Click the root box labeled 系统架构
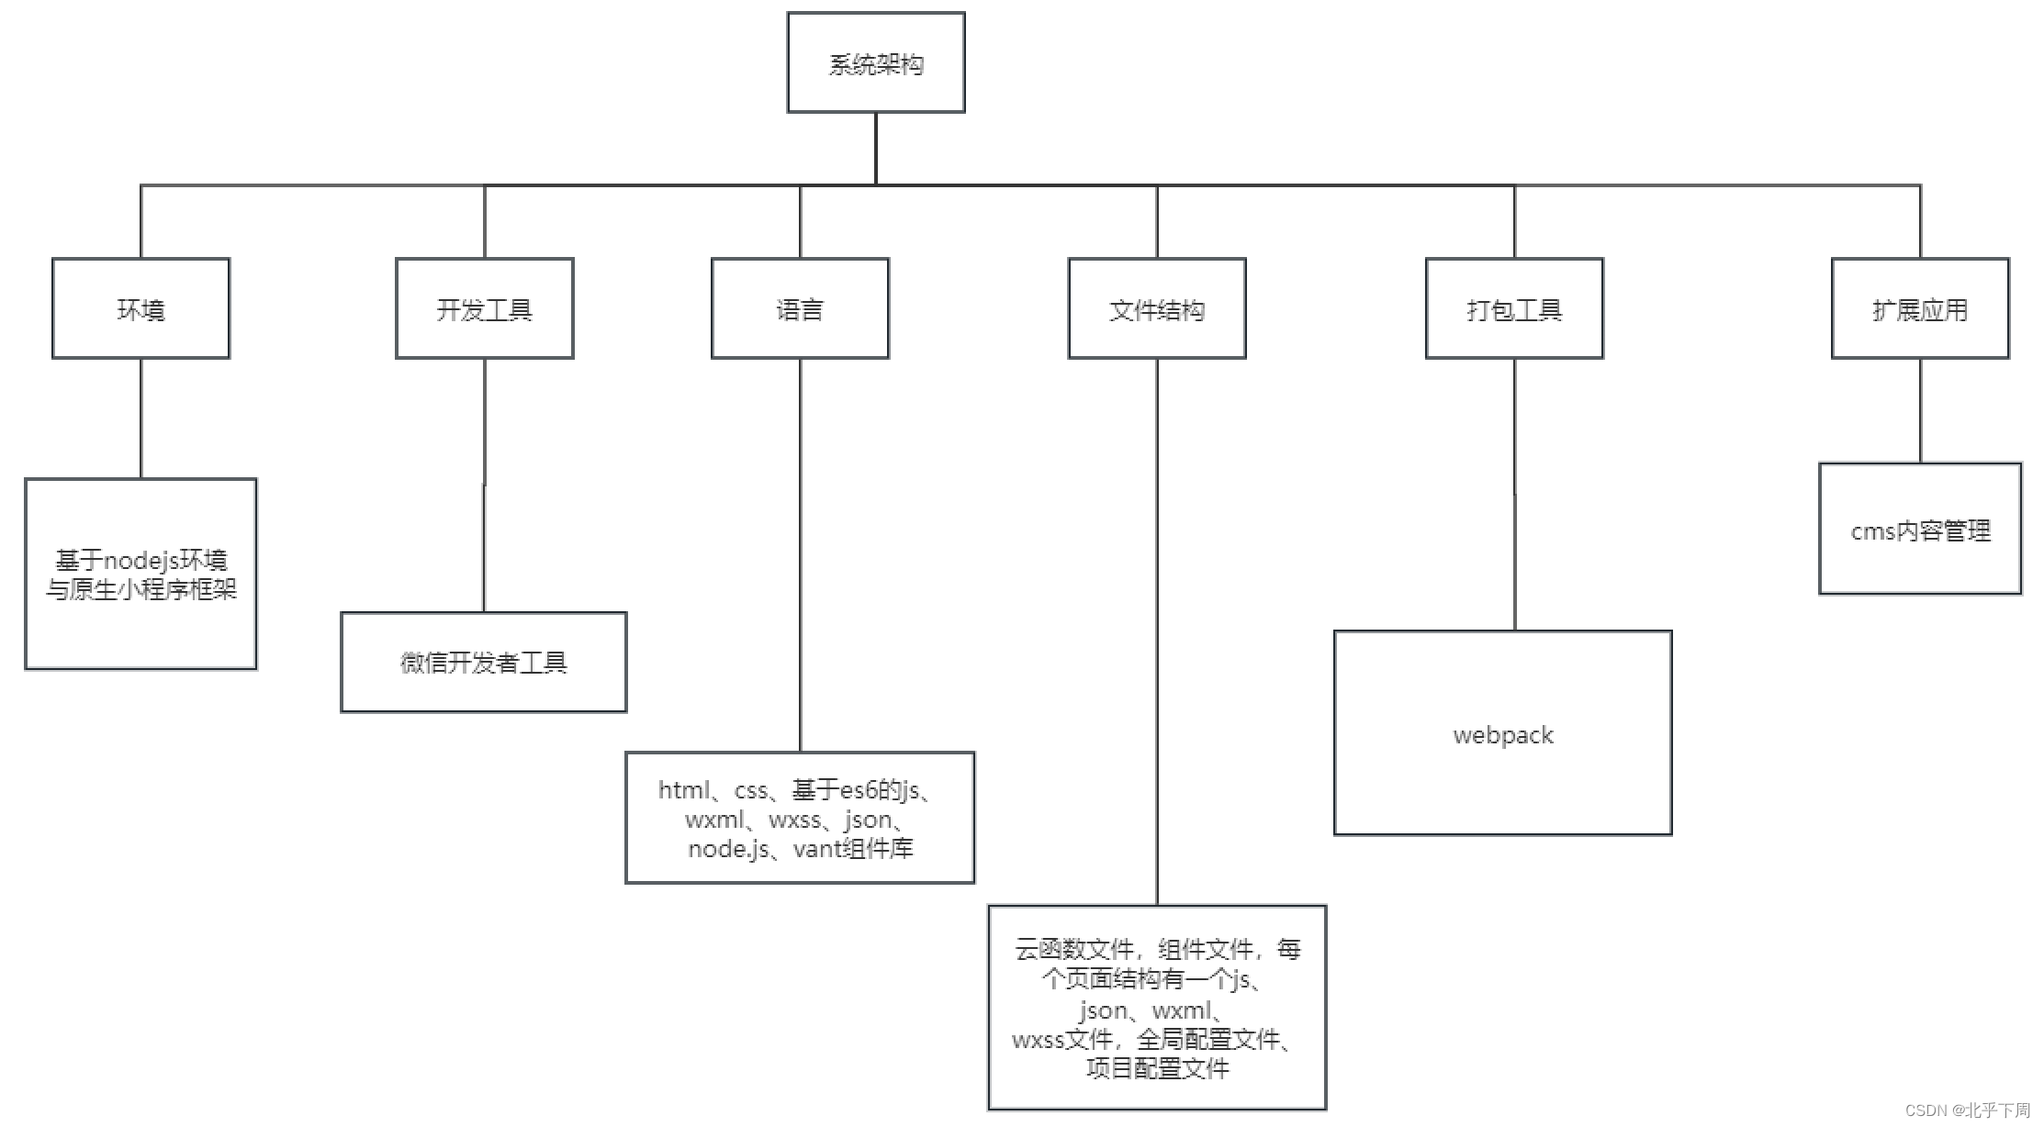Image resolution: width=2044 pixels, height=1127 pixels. (875, 62)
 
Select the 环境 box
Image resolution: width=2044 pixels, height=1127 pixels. (140, 308)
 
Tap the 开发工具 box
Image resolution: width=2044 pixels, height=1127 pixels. (484, 308)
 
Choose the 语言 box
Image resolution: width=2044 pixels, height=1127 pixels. (800, 308)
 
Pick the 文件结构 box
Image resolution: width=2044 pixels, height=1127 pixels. (1156, 308)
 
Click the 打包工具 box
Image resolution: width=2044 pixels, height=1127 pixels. (1513, 308)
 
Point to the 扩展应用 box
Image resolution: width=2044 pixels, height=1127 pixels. (1919, 308)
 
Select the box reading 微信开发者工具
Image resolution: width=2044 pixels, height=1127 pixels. (483, 662)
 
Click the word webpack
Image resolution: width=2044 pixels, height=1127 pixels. (1502, 735)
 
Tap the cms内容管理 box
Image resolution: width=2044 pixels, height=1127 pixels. (1919, 530)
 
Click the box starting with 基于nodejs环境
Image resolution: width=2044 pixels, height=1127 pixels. (140, 574)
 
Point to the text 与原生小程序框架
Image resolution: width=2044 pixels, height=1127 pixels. (140, 589)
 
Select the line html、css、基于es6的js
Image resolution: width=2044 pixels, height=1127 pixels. (796, 789)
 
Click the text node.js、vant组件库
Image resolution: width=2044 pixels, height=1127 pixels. (800, 849)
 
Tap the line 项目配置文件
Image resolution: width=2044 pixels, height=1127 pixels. (1157, 1068)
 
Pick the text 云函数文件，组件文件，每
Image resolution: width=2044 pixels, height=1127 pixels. (1157, 949)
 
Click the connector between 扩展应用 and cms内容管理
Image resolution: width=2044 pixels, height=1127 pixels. (1920, 410)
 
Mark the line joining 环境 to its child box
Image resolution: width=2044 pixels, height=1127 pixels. (140, 418)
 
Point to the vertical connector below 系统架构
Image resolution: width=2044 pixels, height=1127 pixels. (876, 148)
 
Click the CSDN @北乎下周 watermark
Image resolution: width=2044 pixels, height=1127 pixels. (1967, 1110)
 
